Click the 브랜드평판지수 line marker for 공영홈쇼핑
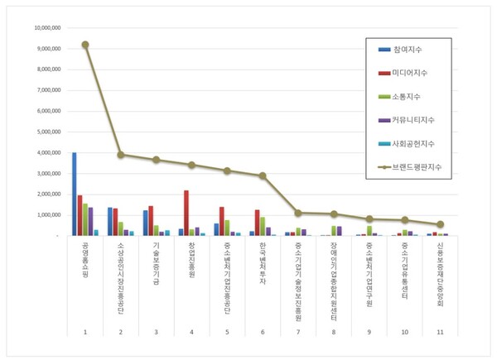pyautogui.click(x=85, y=45)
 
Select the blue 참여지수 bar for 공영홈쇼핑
pyautogui.click(x=74, y=194)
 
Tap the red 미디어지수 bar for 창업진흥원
pyautogui.click(x=186, y=214)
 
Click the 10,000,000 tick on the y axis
pyautogui.click(x=46, y=27)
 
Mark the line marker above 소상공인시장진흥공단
pyautogui.click(x=121, y=155)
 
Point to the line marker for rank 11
pyautogui.click(x=441, y=224)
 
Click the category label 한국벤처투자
pyautogui.click(x=263, y=262)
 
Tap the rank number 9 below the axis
pyautogui.click(x=369, y=331)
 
